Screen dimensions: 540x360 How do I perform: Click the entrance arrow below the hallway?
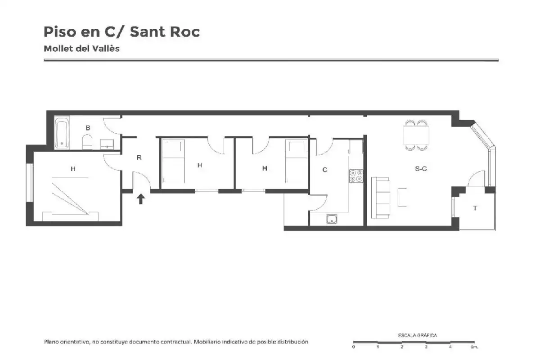point(141,199)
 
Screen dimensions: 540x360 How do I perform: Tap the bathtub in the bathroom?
point(62,133)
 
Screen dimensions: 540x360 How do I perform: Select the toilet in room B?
point(87,142)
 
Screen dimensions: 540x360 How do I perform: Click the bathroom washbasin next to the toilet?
point(107,144)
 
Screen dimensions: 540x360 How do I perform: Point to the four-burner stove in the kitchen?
point(356,176)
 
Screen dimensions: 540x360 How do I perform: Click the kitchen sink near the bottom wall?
point(332,219)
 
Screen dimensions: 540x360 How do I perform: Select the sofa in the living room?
point(381,198)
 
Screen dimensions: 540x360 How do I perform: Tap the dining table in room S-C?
point(416,135)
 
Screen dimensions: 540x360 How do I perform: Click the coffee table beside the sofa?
point(402,197)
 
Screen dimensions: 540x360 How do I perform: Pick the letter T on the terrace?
point(475,208)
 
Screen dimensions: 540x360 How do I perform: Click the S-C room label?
point(421,169)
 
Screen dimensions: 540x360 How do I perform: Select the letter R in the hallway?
point(139,157)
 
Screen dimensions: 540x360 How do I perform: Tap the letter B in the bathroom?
point(88,128)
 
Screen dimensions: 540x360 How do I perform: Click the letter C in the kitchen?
point(325,170)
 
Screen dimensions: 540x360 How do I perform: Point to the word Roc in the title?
point(185,32)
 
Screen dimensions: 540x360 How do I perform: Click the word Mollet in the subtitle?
point(58,49)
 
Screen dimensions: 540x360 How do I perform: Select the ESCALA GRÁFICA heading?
point(417,335)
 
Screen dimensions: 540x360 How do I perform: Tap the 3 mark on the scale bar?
point(426,347)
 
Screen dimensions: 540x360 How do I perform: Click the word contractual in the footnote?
point(176,342)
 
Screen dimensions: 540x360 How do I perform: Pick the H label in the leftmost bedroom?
point(73,169)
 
